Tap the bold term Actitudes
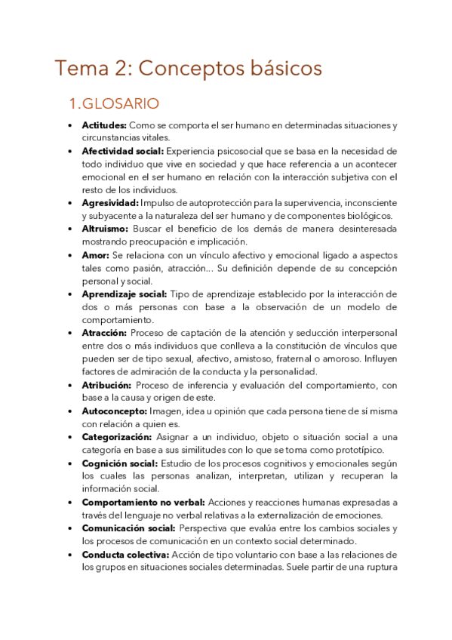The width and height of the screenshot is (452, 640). pyautogui.click(x=104, y=125)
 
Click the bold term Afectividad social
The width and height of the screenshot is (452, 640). pyautogui.click(x=128, y=151)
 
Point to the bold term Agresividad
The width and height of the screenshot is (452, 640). pyautogui.click(x=109, y=203)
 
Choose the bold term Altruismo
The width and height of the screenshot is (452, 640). pyautogui.click(x=105, y=229)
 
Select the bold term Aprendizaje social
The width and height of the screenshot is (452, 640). pyautogui.click(x=124, y=294)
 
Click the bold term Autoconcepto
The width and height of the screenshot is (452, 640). pyautogui.click(x=115, y=411)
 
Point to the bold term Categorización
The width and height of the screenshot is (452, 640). pyautogui.click(x=117, y=437)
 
